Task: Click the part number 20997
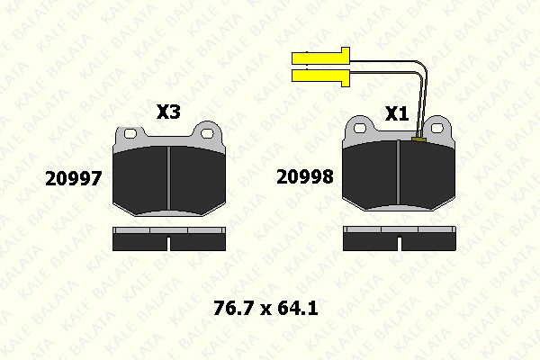(x=74, y=178)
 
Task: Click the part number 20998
(x=305, y=176)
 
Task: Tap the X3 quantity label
(x=168, y=112)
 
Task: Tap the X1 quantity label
(x=397, y=113)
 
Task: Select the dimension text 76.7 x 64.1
(x=265, y=308)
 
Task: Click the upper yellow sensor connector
(x=320, y=57)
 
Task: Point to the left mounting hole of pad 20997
(x=130, y=133)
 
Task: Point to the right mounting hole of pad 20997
(x=207, y=133)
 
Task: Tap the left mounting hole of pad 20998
(x=360, y=128)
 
